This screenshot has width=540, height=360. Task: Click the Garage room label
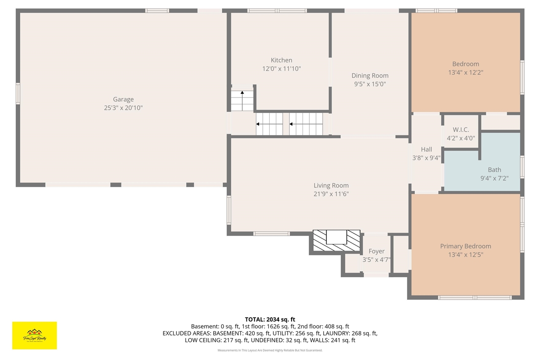tap(123, 100)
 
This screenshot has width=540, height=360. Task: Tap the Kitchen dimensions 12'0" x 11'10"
tap(281, 68)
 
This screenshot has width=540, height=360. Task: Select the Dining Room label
tap(370, 76)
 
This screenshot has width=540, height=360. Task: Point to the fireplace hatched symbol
tap(336, 242)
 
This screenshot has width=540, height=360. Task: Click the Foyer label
tap(376, 251)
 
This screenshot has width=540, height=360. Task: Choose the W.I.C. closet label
tap(461, 130)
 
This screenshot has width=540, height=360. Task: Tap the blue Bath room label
tap(494, 170)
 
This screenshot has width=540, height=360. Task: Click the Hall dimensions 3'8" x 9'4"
tap(426, 158)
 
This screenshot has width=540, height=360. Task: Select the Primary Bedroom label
tap(465, 246)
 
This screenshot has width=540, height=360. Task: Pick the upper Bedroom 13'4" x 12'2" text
tap(465, 72)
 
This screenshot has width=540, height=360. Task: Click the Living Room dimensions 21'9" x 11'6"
tap(331, 194)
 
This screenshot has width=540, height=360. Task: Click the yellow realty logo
tap(35, 336)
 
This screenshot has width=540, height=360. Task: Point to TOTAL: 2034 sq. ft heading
tap(270, 319)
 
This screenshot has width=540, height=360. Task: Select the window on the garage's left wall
tap(18, 93)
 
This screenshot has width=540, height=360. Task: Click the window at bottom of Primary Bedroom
tap(475, 298)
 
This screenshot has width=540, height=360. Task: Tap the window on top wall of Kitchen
tap(277, 11)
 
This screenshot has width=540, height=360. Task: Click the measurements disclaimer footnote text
tap(270, 350)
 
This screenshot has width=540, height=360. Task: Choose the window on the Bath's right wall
tap(522, 167)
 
